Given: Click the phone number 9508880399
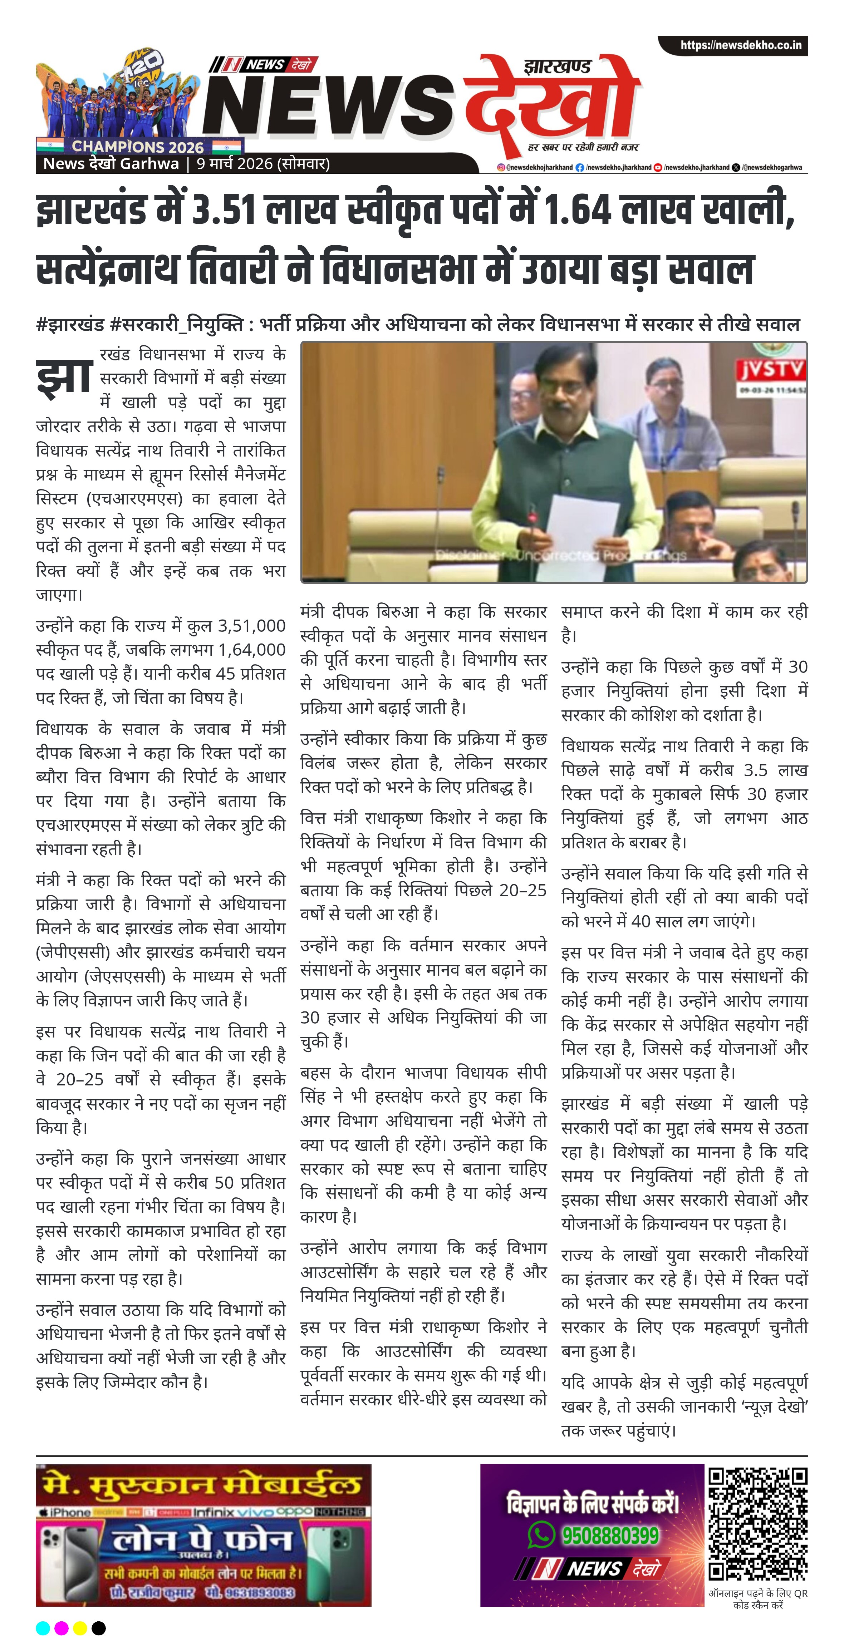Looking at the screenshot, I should [609, 1535].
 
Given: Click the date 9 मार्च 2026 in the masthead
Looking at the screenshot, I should [235, 164].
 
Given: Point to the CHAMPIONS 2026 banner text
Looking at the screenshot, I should [137, 146].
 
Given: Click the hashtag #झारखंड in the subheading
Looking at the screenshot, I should [70, 325].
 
